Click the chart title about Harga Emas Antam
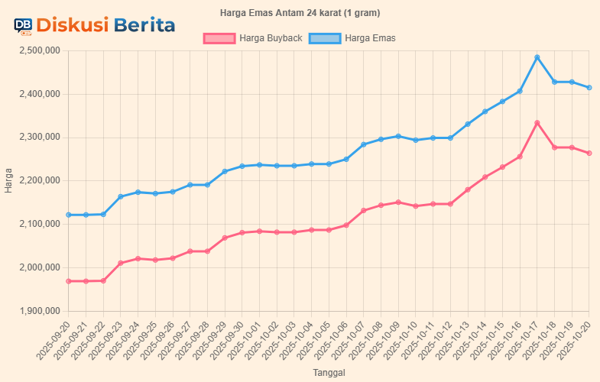point(300,13)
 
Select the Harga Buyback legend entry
point(253,38)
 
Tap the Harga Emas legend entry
point(352,38)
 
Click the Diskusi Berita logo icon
point(23,26)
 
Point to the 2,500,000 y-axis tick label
point(39,51)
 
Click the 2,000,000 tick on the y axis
point(39,267)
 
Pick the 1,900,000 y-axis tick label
point(39,311)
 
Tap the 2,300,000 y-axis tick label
point(39,138)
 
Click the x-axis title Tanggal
point(329,373)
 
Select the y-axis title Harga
point(8,181)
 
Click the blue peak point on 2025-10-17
point(537,57)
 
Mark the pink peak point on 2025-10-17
point(537,123)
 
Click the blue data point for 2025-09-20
point(69,215)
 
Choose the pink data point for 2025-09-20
point(69,281)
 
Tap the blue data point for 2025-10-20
point(589,87)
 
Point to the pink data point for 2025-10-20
point(589,154)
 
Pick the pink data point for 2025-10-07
point(364,211)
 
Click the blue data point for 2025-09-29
point(225,171)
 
